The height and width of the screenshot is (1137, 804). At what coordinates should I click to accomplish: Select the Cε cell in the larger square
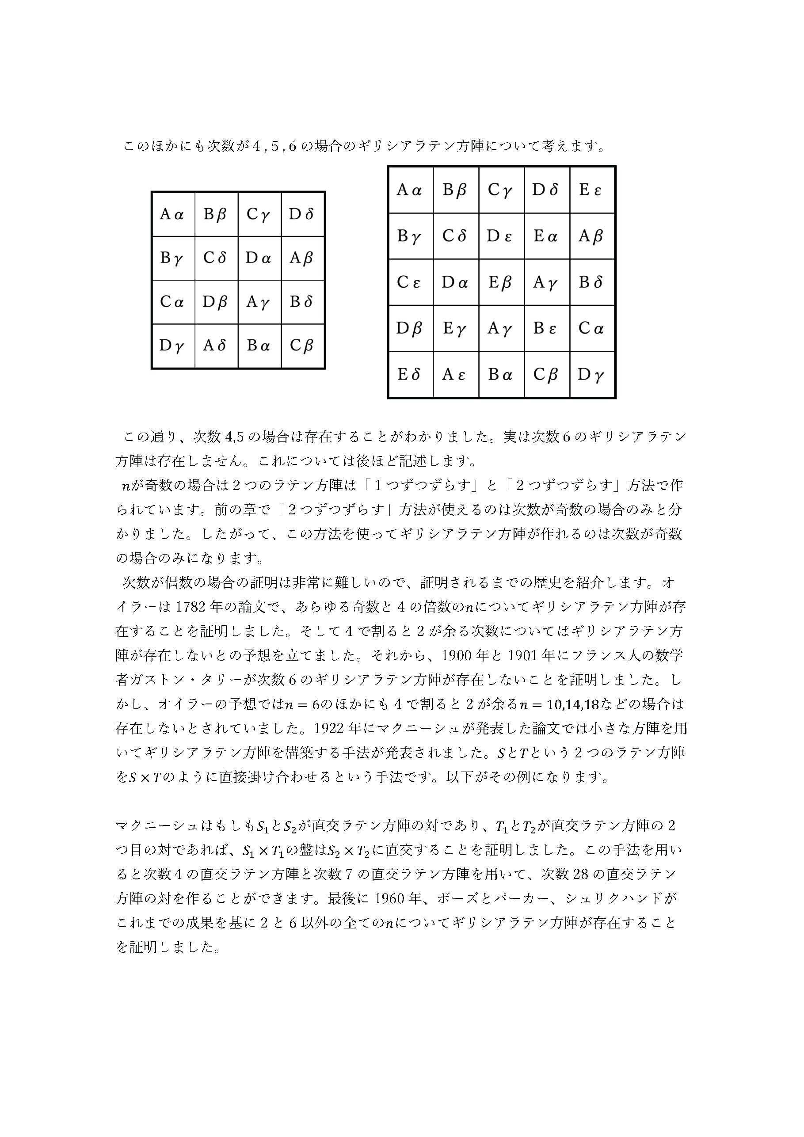click(x=410, y=282)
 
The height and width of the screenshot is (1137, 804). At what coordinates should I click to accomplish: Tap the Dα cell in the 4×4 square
click(x=259, y=258)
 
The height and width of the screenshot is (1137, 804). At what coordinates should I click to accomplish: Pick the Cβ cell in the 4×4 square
click(x=303, y=346)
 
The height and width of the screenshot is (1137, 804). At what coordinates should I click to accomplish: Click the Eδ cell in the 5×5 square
click(x=410, y=375)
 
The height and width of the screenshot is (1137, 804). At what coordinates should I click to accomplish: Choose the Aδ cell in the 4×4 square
click(x=216, y=346)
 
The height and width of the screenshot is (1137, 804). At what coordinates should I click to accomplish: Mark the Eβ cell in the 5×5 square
click(x=501, y=282)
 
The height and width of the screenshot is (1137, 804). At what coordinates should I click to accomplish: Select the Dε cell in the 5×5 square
click(x=501, y=236)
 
